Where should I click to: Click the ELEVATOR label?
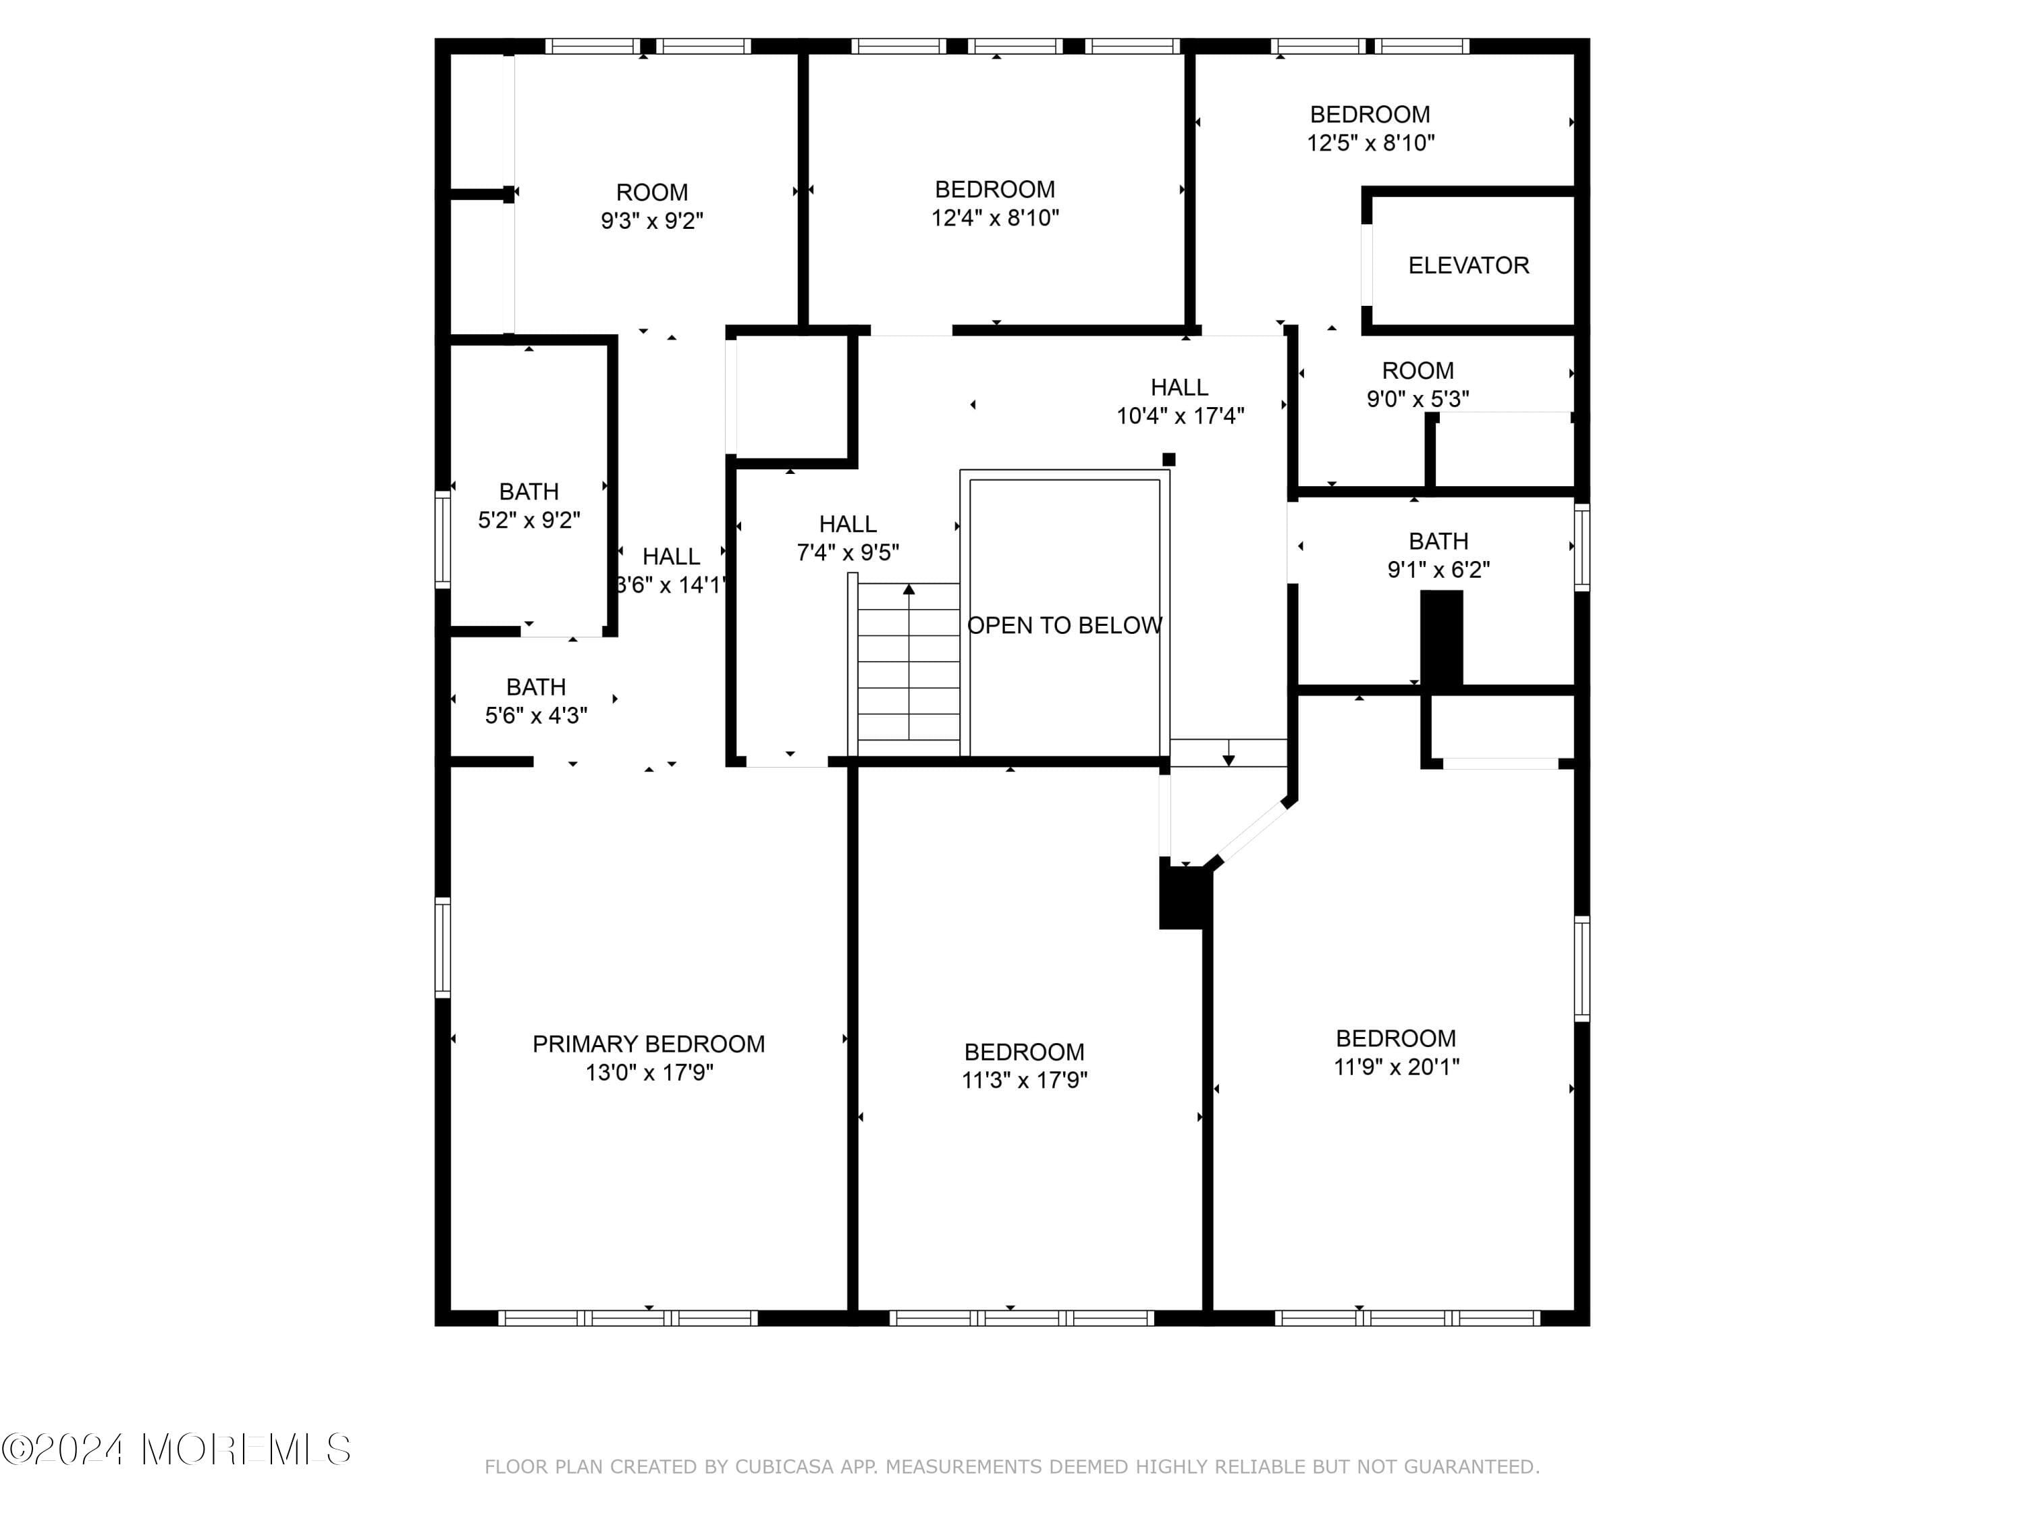1467,265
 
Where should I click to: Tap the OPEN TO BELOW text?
1064,625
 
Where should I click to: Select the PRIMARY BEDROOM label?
648,1044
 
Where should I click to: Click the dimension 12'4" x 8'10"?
995,218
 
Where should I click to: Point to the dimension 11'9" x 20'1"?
1396,1067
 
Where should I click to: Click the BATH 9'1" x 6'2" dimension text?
1438,570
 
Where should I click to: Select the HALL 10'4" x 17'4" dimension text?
1179,416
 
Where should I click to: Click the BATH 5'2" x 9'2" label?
529,491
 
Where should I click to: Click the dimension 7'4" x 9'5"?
848,552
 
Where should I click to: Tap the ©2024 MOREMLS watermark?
175,1449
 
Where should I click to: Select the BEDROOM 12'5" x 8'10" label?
1370,115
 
